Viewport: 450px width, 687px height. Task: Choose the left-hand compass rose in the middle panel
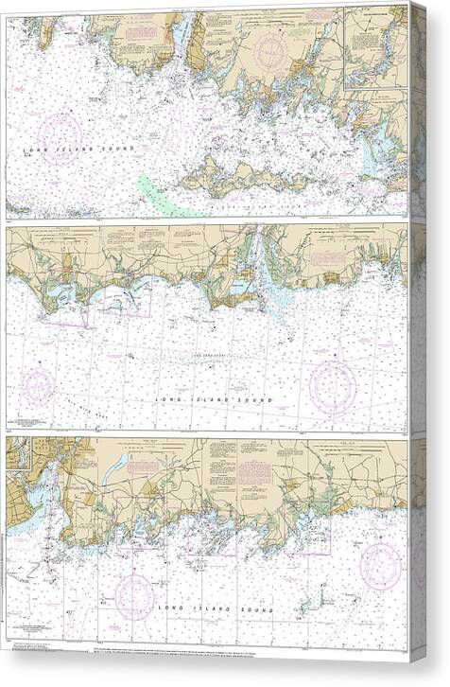38,386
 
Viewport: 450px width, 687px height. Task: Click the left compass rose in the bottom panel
134,596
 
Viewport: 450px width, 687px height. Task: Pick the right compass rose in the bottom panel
381,565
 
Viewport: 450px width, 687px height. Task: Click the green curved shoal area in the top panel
156,194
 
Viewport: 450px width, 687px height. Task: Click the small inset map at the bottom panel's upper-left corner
17,457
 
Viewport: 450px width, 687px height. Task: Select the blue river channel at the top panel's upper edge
180,34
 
